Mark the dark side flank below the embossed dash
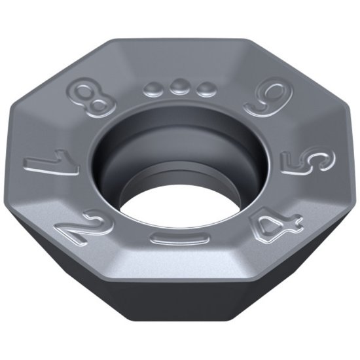pos(180,308)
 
